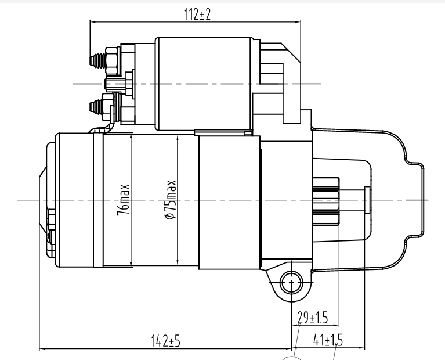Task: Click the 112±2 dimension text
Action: [197, 14]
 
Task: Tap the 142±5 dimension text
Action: [166, 341]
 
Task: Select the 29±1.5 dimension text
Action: [312, 318]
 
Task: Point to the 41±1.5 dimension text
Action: [328, 340]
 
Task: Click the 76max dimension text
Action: [123, 200]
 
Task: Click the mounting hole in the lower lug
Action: [291, 283]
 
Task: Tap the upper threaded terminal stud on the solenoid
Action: [97, 60]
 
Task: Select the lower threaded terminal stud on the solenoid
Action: [96, 107]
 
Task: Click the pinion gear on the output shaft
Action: [325, 200]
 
